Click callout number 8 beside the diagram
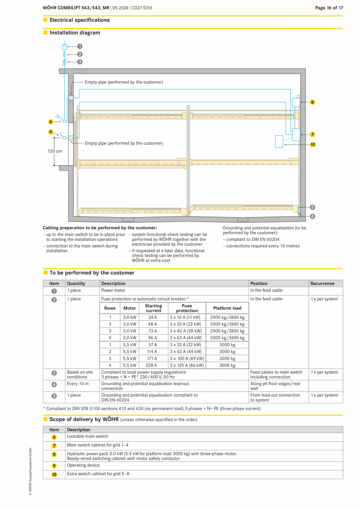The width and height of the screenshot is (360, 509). [312, 102]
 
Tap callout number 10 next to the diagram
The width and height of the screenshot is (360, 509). [312, 144]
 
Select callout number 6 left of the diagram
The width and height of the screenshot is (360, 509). [50, 122]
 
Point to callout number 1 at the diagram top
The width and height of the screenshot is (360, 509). [80, 46]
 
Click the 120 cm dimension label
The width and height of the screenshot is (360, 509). [55, 151]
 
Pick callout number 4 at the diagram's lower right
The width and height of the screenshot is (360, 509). [312, 216]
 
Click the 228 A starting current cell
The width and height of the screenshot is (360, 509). [151, 365]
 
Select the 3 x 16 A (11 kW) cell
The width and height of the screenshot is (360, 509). [187, 317]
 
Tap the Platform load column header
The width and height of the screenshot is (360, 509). [227, 308]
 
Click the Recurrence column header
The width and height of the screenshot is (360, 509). [322, 283]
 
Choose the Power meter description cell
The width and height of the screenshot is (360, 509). [113, 290]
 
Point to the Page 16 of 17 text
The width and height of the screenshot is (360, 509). [329, 8]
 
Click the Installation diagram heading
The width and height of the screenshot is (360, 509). [75, 33]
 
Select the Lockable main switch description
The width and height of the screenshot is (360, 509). [88, 436]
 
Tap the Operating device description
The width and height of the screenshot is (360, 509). [83, 465]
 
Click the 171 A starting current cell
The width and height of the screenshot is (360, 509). [151, 358]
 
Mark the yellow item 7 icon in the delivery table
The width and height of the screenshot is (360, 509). [54, 446]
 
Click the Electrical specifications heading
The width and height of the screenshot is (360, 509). [79, 20]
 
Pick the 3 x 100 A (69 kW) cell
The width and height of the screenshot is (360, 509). [187, 358]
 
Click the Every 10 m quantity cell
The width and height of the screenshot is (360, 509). [78, 383]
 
